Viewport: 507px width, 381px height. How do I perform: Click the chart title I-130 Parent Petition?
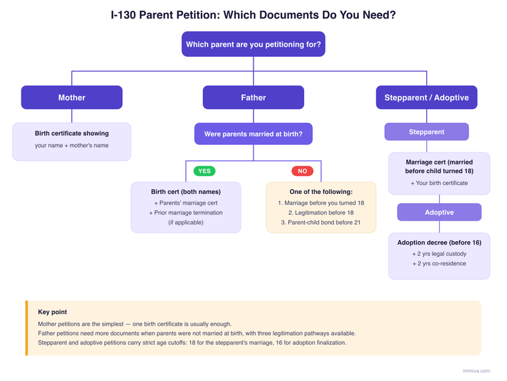(x=253, y=14)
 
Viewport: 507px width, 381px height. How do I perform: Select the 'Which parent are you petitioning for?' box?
(x=253, y=45)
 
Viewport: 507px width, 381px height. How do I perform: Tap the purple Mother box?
(x=71, y=98)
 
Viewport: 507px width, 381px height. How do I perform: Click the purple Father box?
(x=253, y=98)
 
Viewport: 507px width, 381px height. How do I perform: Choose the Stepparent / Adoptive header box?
(x=426, y=98)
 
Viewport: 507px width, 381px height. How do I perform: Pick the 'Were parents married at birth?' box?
(x=253, y=134)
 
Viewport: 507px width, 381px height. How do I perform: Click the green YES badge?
(x=204, y=171)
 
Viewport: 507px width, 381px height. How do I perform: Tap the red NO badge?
(x=302, y=171)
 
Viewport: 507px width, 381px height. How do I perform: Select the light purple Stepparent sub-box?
(x=426, y=132)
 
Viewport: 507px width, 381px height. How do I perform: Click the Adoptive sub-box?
(x=439, y=212)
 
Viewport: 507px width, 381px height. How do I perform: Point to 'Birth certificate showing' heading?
(x=71, y=134)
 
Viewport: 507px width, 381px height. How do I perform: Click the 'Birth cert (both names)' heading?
(x=185, y=192)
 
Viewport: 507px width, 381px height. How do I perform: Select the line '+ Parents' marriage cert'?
(x=185, y=203)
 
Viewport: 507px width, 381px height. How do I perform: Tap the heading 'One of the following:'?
(x=321, y=192)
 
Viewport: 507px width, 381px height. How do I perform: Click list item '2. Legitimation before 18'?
(x=321, y=213)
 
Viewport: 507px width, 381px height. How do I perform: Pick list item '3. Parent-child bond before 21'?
(x=321, y=223)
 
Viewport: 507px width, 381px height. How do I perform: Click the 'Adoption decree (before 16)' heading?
(x=439, y=243)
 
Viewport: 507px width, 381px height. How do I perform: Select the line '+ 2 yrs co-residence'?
(x=439, y=263)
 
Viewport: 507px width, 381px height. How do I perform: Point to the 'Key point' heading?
(x=53, y=312)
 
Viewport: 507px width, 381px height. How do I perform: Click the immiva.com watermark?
(x=476, y=371)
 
